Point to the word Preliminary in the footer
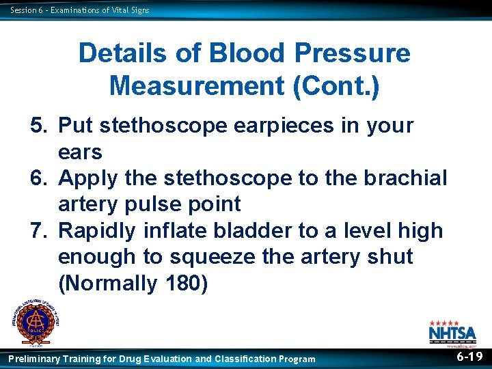[x=33, y=359]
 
